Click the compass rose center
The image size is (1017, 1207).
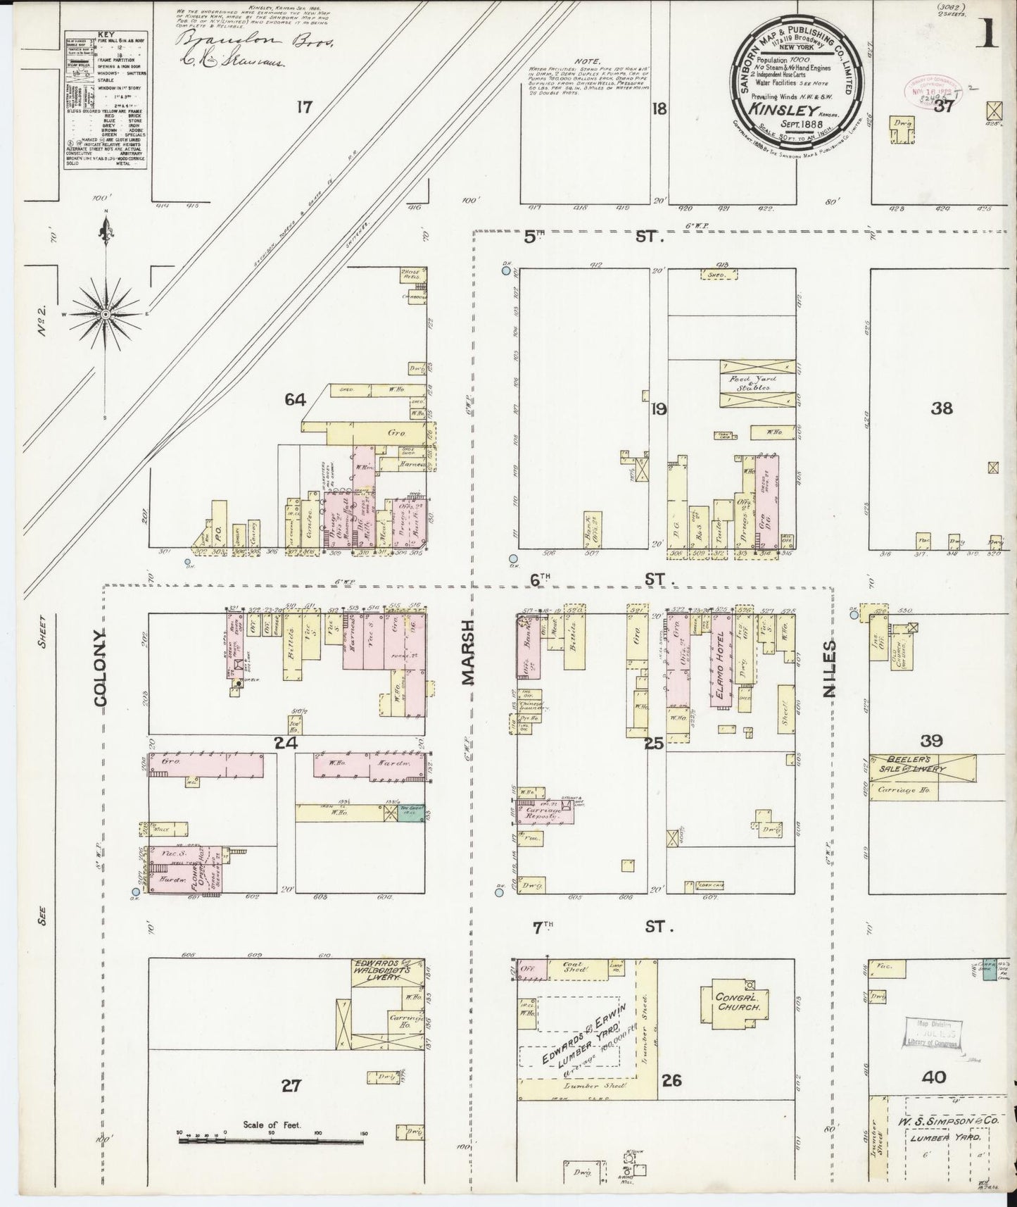pos(105,313)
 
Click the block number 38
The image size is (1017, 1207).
pos(942,408)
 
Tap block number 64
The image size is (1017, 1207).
pos(296,400)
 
